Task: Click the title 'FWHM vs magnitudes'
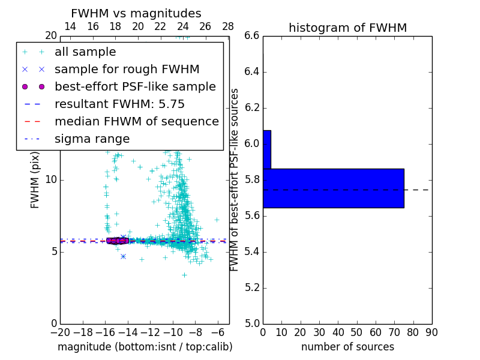click(136, 14)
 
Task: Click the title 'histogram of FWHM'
click(347, 28)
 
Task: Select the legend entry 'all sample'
click(85, 52)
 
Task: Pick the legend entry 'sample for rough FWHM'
click(127, 70)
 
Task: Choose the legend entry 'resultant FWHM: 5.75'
click(119, 104)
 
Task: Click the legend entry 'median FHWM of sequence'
click(136, 122)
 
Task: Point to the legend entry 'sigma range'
click(92, 139)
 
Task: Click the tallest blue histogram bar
click(333, 188)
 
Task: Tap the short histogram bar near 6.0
click(267, 149)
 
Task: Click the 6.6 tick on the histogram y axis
click(252, 36)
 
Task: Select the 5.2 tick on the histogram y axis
click(252, 287)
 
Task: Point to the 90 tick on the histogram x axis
click(431, 332)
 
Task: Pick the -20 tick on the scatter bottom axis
click(60, 332)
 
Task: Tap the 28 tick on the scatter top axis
click(228, 26)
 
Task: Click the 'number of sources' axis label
click(347, 347)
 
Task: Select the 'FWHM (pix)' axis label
click(35, 180)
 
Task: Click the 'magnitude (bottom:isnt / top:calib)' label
click(145, 347)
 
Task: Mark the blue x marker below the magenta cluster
click(123, 256)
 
